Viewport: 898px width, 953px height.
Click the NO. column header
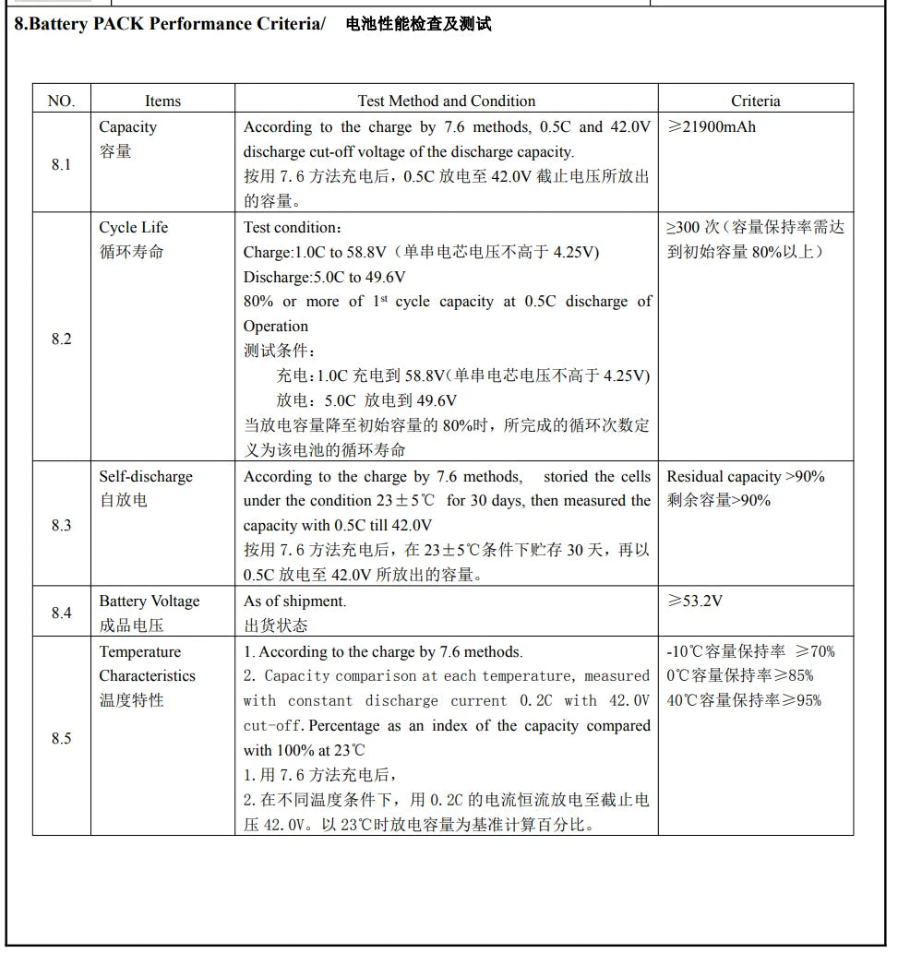click(x=61, y=101)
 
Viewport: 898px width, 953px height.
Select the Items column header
click(x=162, y=101)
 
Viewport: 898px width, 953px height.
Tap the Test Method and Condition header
click(x=446, y=101)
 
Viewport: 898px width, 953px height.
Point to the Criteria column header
click(x=755, y=101)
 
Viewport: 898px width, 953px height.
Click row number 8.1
click(x=61, y=164)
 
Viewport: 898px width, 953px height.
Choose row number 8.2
click(x=61, y=339)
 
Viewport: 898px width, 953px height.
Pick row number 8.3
click(x=61, y=525)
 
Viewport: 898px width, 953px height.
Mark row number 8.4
click(x=61, y=613)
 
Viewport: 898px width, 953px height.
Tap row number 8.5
click(x=61, y=738)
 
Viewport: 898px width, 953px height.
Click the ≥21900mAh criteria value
click(x=711, y=126)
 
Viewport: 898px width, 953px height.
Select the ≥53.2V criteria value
click(x=695, y=601)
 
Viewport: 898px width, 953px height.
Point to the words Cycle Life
click(x=133, y=227)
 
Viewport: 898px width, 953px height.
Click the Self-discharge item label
click(x=146, y=476)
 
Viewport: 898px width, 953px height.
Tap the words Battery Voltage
click(x=150, y=601)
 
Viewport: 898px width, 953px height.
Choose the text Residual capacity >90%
click(x=746, y=476)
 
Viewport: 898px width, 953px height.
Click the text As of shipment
click(x=294, y=601)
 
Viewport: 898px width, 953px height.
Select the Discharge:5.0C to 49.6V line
click(x=325, y=277)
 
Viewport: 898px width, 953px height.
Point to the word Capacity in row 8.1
click(x=127, y=126)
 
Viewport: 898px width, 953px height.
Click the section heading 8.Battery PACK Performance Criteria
click(x=170, y=24)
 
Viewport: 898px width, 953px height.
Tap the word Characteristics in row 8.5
click(x=148, y=675)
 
